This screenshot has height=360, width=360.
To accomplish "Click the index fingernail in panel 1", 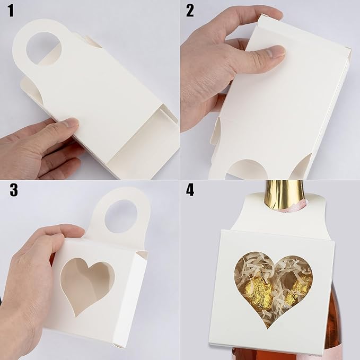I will [71, 123].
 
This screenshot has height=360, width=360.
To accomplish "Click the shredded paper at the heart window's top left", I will [248, 265].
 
